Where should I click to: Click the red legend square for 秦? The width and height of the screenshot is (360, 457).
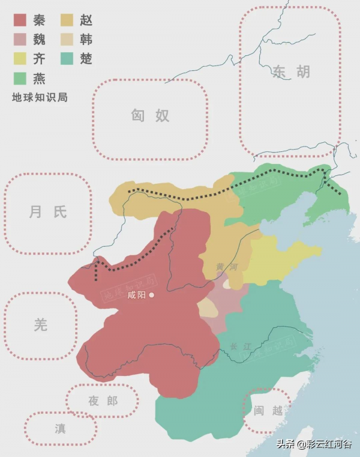(x=20, y=20)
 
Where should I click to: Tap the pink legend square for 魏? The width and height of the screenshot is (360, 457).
(x=20, y=40)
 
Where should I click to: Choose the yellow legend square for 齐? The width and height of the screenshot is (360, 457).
(x=20, y=59)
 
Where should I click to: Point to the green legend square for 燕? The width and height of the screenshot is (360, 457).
(x=20, y=78)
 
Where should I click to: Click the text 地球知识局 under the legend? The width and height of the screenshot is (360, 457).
(x=40, y=97)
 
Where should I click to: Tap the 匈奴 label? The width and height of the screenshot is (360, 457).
(x=151, y=115)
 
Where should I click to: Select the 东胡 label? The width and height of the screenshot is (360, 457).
(x=291, y=72)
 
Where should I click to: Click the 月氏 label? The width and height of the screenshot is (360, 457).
(x=48, y=211)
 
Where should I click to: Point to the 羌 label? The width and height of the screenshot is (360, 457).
(x=40, y=325)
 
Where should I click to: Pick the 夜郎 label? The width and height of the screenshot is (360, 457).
(x=103, y=401)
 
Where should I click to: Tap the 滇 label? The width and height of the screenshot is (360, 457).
(x=60, y=428)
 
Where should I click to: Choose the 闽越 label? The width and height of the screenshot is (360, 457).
(x=268, y=411)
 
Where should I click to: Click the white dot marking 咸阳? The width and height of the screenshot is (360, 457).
(x=152, y=295)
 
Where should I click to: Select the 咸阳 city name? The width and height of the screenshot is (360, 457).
(x=137, y=295)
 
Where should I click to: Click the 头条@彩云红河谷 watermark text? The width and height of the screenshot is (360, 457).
(x=314, y=445)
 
